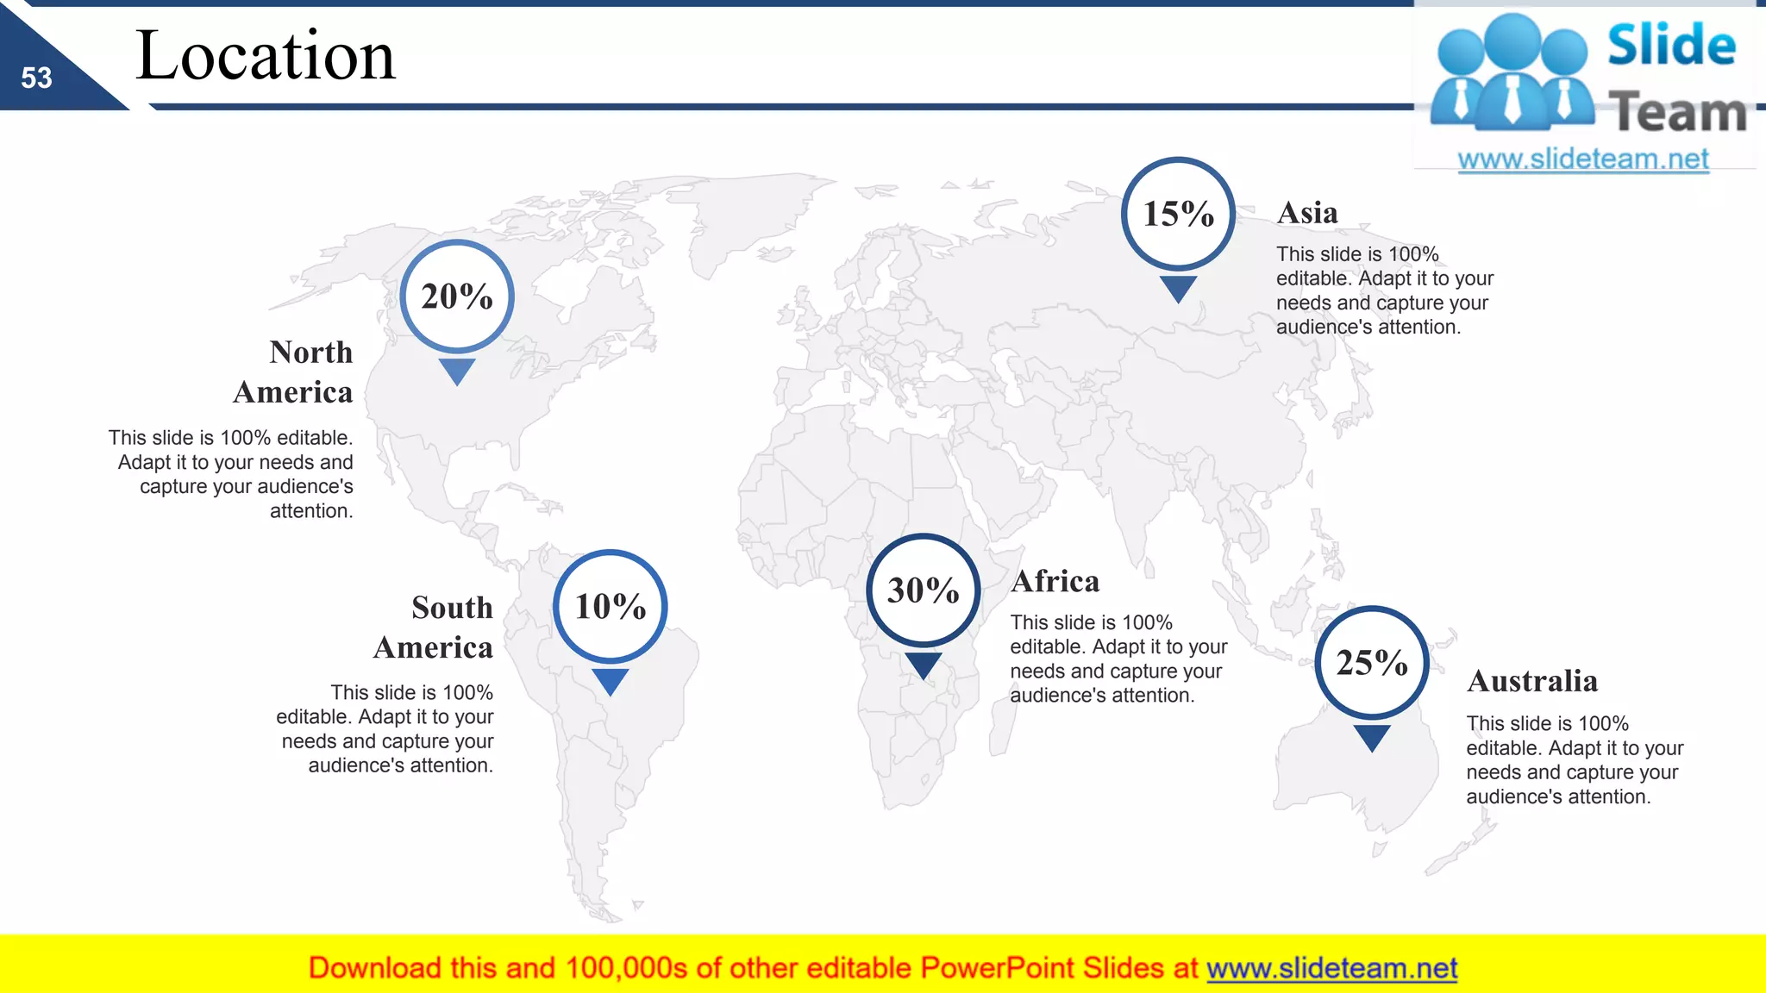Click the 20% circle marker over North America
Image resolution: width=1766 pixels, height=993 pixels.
pyautogui.click(x=457, y=297)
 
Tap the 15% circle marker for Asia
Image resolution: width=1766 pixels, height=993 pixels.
pyautogui.click(x=1178, y=214)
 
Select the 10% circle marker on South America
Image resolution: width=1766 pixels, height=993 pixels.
pyautogui.click(x=611, y=606)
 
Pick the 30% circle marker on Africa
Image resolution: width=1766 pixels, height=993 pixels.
pyautogui.click(x=923, y=590)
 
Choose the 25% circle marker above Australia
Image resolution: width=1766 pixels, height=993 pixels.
pyautogui.click(x=1372, y=663)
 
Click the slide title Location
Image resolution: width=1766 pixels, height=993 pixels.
pyautogui.click(x=266, y=56)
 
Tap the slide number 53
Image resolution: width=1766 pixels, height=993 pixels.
pyautogui.click(x=36, y=78)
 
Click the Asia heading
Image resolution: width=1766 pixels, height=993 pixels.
pyautogui.click(x=1307, y=213)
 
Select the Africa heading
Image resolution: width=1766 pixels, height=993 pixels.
pyautogui.click(x=1055, y=582)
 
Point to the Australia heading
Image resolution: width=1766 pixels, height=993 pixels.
pyautogui.click(x=1532, y=681)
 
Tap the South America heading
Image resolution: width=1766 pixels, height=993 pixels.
pyautogui.click(x=434, y=628)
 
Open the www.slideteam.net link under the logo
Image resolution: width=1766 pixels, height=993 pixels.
pyautogui.click(x=1583, y=159)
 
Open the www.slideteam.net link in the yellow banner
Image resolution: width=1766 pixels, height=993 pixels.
pyautogui.click(x=1331, y=969)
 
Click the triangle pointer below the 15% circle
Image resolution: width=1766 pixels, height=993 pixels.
pyautogui.click(x=1178, y=288)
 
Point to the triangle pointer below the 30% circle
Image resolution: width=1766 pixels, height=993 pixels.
pyautogui.click(x=923, y=665)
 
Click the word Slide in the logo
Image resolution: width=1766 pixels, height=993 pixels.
pyautogui.click(x=1671, y=46)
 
